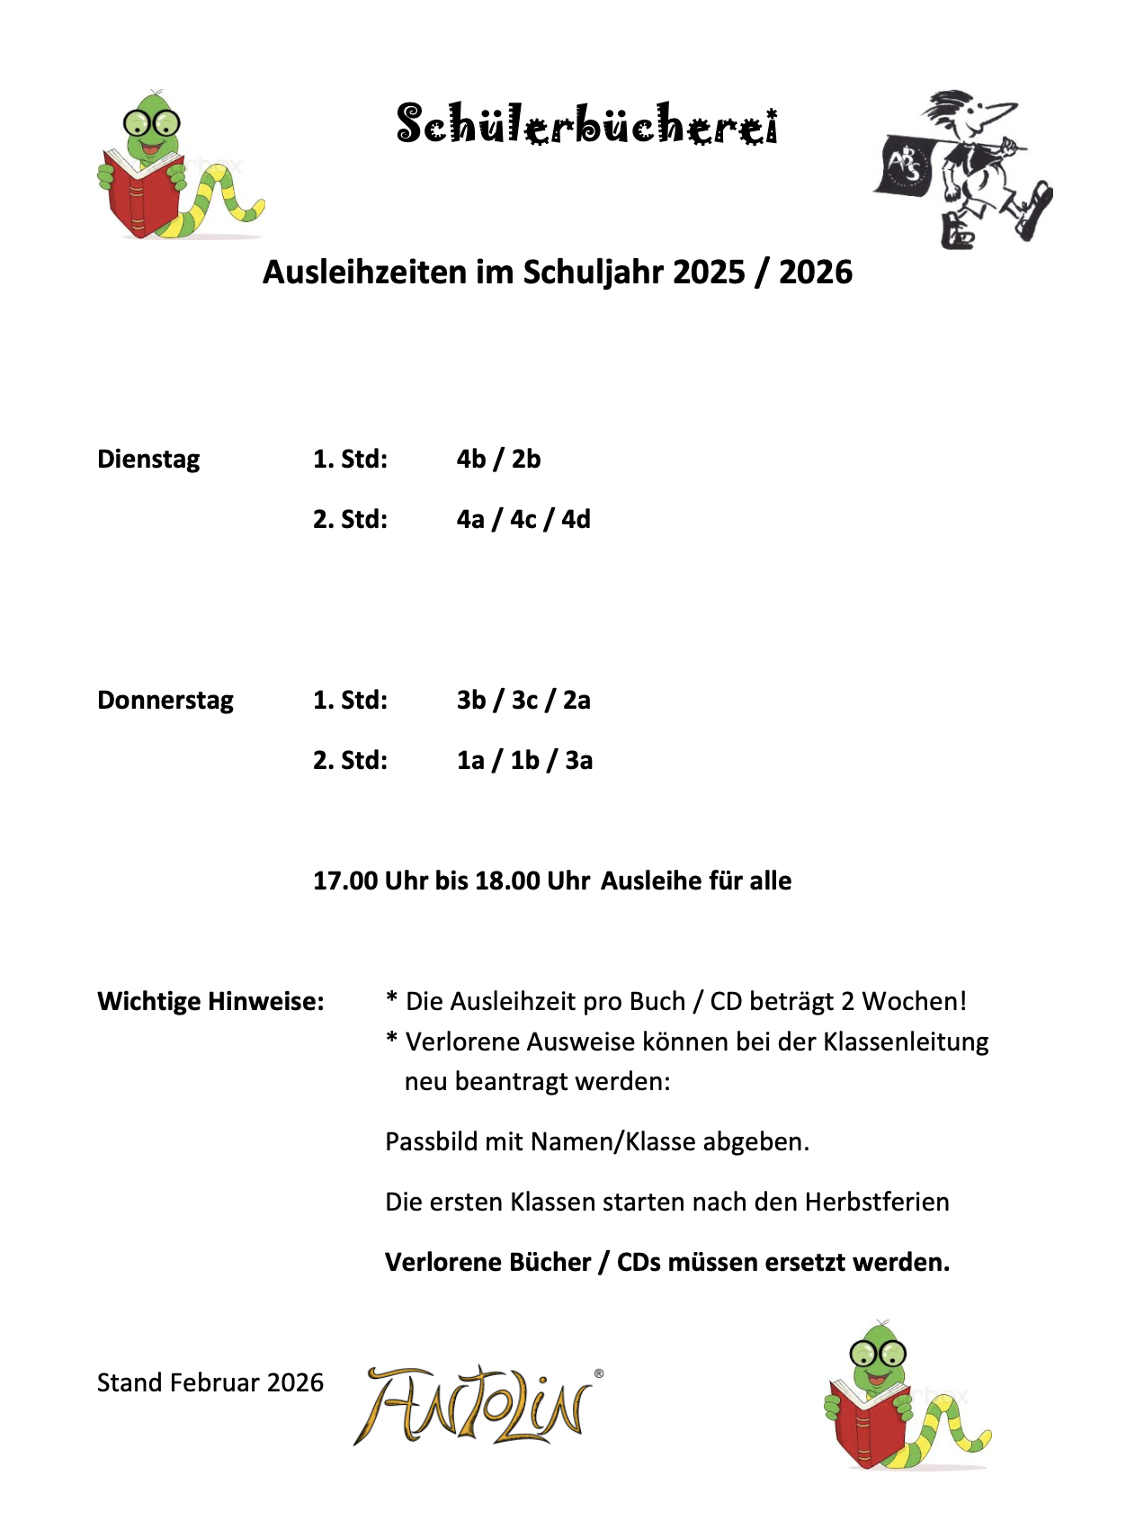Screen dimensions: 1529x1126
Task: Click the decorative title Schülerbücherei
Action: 586,124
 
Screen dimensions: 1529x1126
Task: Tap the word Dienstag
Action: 148,460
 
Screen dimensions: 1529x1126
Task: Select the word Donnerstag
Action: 165,701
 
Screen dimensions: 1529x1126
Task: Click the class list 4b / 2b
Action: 498,460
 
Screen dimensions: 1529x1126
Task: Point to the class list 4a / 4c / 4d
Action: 523,520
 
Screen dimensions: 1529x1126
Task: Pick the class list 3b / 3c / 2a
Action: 523,701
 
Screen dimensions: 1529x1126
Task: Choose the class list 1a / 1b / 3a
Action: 524,761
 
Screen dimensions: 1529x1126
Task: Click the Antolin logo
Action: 477,1405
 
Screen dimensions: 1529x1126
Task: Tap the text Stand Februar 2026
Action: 210,1382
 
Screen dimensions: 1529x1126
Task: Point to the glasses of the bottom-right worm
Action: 878,1353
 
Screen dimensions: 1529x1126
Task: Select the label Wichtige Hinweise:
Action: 210,1002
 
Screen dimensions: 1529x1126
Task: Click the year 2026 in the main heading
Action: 815,273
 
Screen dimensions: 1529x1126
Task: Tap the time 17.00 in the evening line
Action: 345,881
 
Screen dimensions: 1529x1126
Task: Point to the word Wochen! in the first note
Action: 915,1002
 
